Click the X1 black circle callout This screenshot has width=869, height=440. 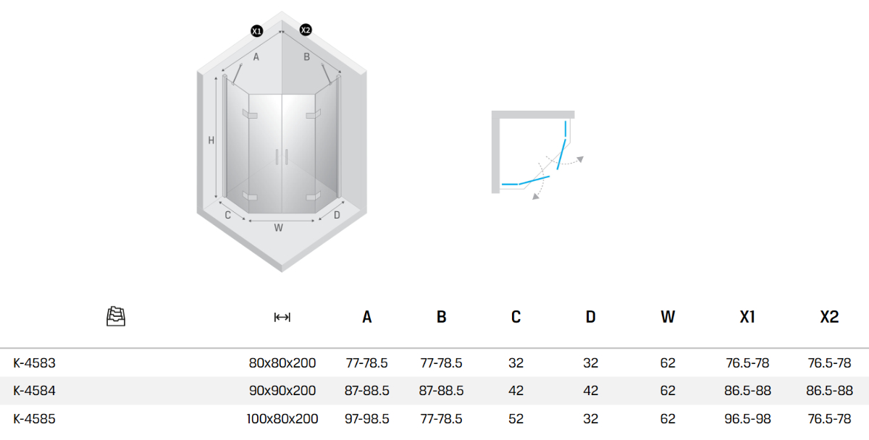(x=257, y=31)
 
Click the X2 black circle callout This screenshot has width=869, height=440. (x=306, y=30)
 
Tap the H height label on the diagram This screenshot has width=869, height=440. (x=211, y=140)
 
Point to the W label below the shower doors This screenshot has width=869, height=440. (x=278, y=228)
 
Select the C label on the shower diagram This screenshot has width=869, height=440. (x=227, y=215)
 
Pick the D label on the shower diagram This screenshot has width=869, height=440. (x=337, y=215)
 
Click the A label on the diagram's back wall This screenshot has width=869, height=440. (x=256, y=57)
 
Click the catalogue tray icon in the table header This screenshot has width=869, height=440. (x=116, y=316)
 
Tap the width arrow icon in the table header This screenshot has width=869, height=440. (x=282, y=318)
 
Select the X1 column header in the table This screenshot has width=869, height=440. (x=747, y=317)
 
